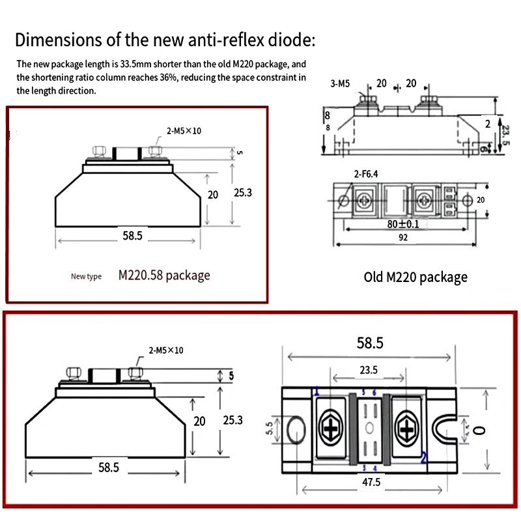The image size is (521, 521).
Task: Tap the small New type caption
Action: (x=86, y=277)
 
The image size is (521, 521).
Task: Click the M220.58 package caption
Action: (x=164, y=275)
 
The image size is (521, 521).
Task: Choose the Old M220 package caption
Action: (x=415, y=277)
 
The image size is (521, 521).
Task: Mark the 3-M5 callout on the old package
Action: (x=341, y=83)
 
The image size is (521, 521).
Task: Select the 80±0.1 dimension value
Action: (x=404, y=224)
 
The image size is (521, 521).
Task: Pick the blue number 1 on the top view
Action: (x=317, y=392)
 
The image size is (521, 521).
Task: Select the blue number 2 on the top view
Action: (x=424, y=457)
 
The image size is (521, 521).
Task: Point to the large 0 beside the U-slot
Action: (x=481, y=430)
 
